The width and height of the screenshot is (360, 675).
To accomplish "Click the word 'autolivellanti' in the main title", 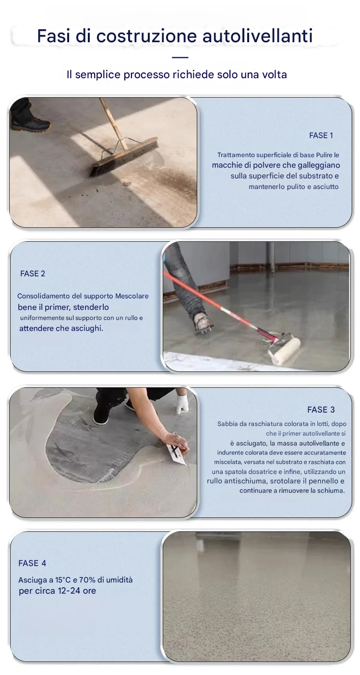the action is point(257,36).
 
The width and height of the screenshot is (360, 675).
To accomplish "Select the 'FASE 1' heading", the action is point(321,136).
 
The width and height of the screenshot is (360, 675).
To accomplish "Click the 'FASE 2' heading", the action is point(33,273).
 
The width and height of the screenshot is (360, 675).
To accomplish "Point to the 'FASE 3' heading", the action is point(321,410).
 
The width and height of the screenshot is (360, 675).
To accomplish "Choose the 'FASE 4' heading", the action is point(32,563).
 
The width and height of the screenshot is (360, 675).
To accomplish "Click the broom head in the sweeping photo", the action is point(124,156).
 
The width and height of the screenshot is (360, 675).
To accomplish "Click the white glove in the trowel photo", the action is point(182,403).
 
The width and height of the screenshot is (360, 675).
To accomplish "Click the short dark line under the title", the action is point(180,57).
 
